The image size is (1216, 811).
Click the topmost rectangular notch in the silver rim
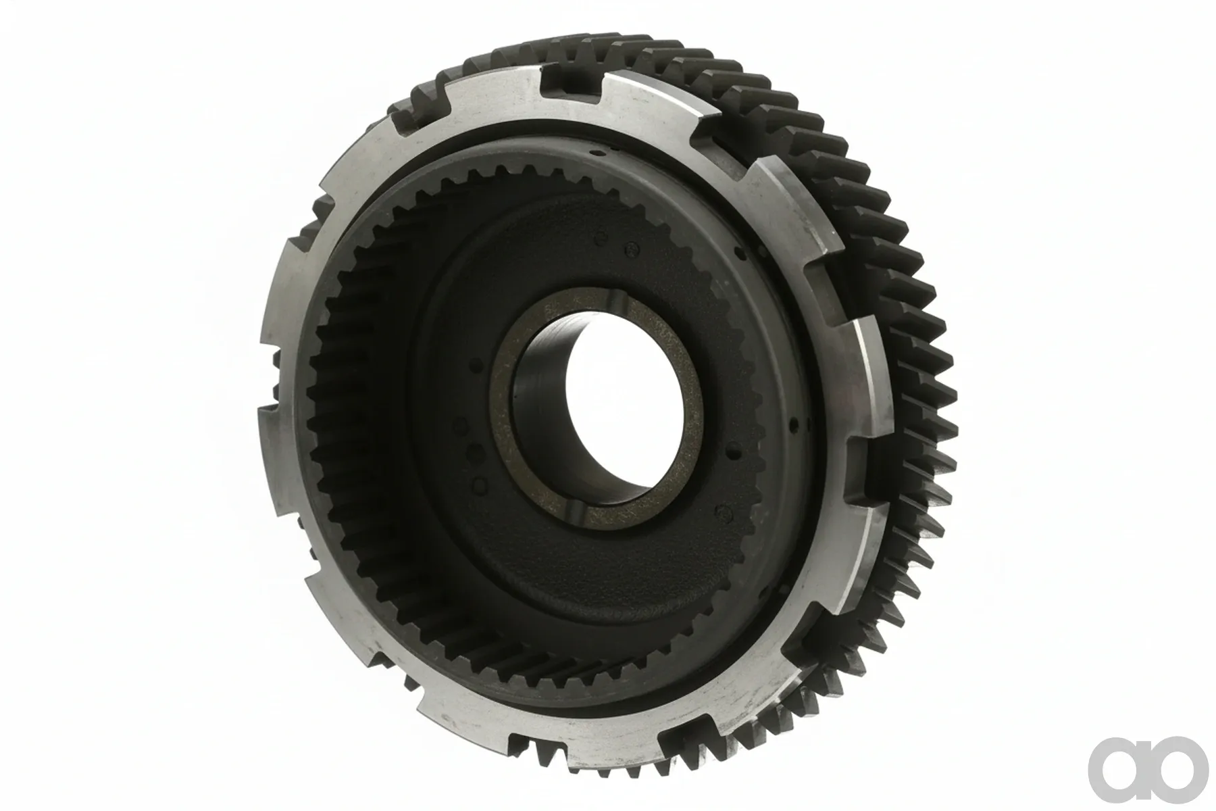(x=571, y=88)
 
